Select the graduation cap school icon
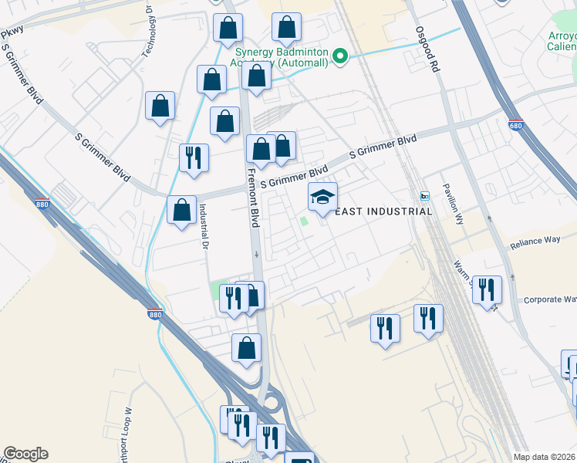click(x=323, y=198)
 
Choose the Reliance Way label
click(x=535, y=242)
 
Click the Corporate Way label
click(x=550, y=299)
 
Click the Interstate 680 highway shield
click(x=516, y=124)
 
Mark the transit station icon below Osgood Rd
click(x=423, y=194)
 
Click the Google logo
click(x=25, y=454)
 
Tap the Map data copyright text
click(x=545, y=457)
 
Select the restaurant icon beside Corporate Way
click(x=487, y=290)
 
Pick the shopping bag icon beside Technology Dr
click(x=160, y=106)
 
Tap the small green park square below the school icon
click(x=305, y=222)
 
